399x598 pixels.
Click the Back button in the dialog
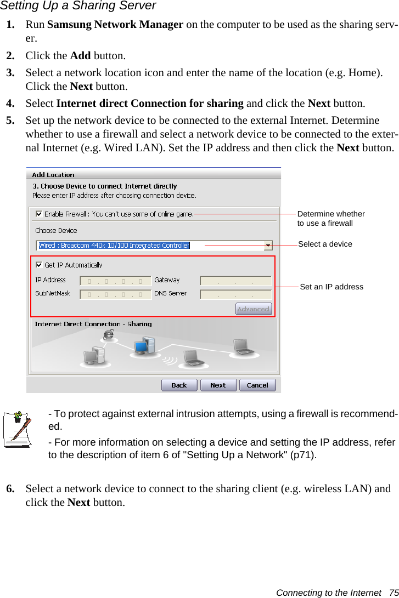click(x=179, y=385)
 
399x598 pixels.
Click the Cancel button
click(x=257, y=385)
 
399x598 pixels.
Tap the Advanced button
click(x=253, y=309)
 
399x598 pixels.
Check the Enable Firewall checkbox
click(x=40, y=214)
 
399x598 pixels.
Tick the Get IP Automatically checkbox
click(x=40, y=265)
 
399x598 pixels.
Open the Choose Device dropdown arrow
click(x=268, y=246)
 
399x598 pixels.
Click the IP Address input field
click(x=115, y=281)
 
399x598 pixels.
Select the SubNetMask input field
click(x=115, y=294)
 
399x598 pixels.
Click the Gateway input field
click(x=235, y=281)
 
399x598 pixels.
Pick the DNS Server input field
click(x=235, y=294)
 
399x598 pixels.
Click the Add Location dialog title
click(x=53, y=175)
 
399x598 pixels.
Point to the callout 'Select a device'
click(x=325, y=244)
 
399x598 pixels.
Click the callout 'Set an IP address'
click(x=331, y=287)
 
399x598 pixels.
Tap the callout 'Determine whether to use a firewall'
click(x=330, y=218)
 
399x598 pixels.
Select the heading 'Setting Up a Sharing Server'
click(x=78, y=6)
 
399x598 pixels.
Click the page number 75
click(x=393, y=593)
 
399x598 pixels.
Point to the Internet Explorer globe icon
click(x=109, y=334)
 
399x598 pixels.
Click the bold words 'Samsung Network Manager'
click(x=115, y=25)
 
